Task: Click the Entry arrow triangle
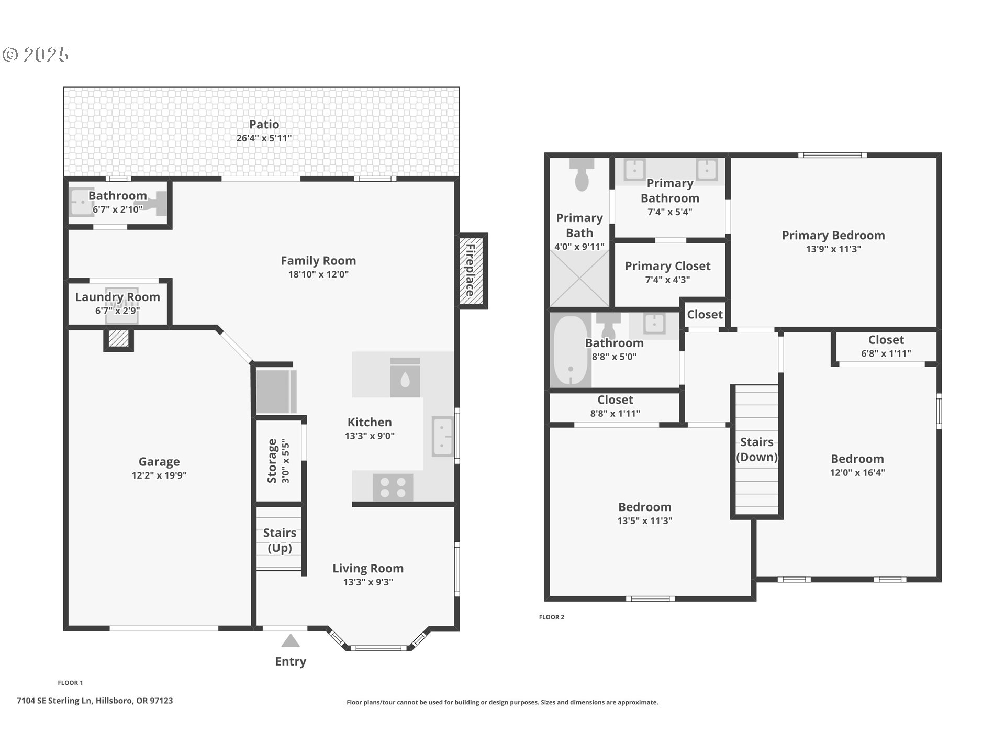(x=291, y=641)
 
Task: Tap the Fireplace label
(x=470, y=270)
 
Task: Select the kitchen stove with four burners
(x=393, y=487)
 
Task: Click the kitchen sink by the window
(x=443, y=436)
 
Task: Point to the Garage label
(x=159, y=461)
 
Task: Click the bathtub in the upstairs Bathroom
(x=570, y=350)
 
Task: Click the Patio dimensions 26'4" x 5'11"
(x=264, y=138)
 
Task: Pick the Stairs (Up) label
(x=280, y=540)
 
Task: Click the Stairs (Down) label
(x=757, y=449)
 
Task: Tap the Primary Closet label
(x=668, y=266)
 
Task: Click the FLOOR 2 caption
(x=552, y=617)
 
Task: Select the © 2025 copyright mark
(x=36, y=54)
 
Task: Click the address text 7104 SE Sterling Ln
(x=55, y=701)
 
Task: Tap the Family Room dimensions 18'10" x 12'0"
(x=318, y=274)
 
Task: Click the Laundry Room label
(x=118, y=297)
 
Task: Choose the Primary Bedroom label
(x=833, y=235)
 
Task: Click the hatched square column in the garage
(x=118, y=339)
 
